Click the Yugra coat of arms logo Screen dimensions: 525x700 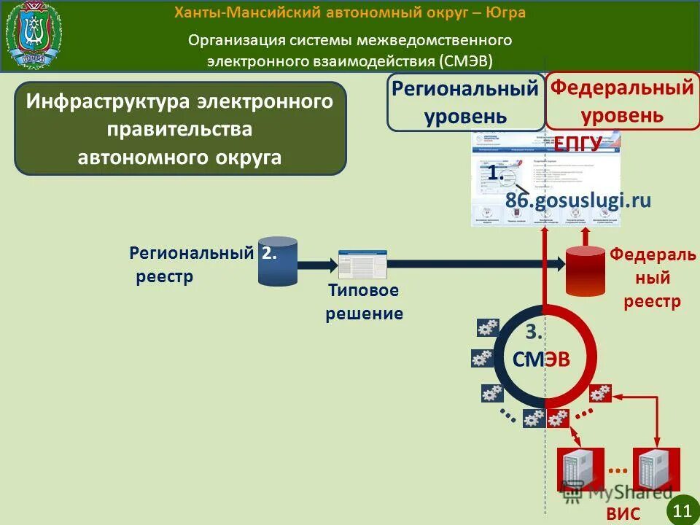point(34,35)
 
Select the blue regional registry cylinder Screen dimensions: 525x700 point(278,261)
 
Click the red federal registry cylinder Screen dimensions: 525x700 point(586,270)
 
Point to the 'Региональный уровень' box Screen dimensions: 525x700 point(465,101)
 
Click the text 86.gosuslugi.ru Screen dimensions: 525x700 point(577,201)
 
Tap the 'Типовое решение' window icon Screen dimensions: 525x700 point(362,264)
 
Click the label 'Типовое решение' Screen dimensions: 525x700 point(364,302)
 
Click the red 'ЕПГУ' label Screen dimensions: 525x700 point(578,143)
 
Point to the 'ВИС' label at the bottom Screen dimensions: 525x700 point(623,513)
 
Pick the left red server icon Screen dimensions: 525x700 point(581,470)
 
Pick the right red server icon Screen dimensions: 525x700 point(656,470)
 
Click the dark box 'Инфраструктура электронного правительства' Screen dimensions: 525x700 point(180,128)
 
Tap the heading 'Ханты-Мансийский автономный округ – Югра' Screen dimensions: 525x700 point(350,13)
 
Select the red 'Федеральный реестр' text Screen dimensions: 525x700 point(653,278)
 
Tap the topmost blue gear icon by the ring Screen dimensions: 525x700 point(488,327)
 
